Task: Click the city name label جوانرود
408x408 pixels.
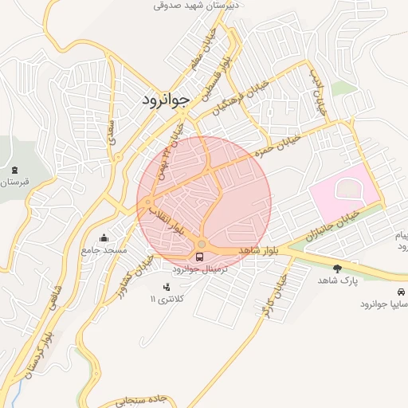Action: (166, 100)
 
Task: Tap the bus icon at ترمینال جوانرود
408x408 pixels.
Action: (199, 257)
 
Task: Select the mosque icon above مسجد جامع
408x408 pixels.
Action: (104, 237)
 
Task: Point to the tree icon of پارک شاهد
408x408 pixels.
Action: (338, 268)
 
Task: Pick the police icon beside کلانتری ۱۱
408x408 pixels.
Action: (166, 287)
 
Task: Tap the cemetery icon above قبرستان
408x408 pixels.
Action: (14, 169)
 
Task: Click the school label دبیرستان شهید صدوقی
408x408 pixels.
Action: (202, 5)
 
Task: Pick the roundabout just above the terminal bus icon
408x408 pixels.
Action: (202, 243)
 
